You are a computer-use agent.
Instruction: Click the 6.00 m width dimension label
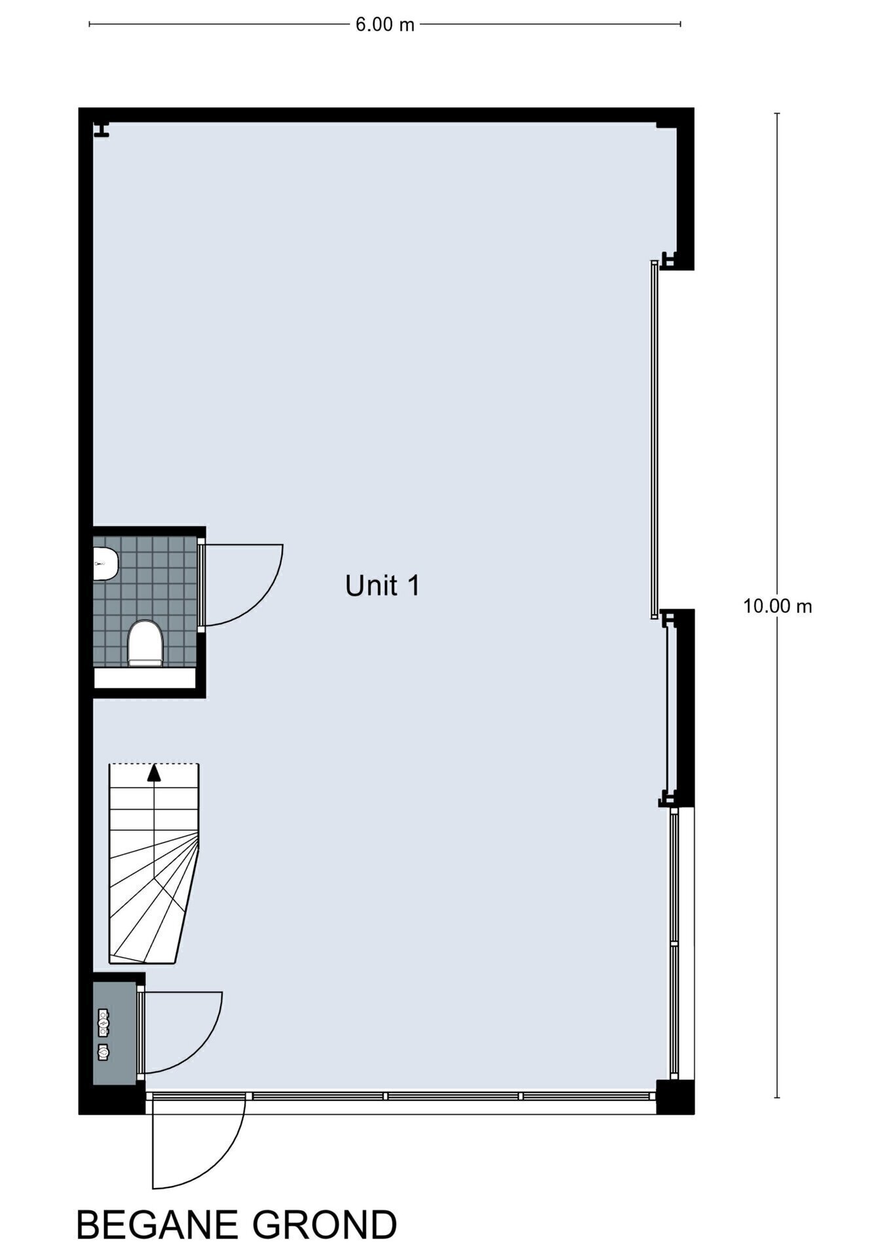pyautogui.click(x=385, y=25)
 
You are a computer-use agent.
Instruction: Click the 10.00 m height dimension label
pyautogui.click(x=777, y=606)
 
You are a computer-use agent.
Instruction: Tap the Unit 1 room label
pyautogui.click(x=382, y=585)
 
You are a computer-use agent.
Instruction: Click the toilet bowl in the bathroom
pyautogui.click(x=145, y=644)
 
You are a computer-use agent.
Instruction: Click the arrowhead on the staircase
pyautogui.click(x=154, y=773)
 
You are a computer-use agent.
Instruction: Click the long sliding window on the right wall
pyautogui.click(x=654, y=440)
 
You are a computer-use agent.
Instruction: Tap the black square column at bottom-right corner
pyautogui.click(x=676, y=1096)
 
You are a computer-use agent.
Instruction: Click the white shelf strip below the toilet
pyautogui.click(x=145, y=678)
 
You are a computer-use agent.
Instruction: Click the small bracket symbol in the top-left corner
pyautogui.click(x=101, y=129)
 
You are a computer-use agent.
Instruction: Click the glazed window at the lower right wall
pyautogui.click(x=675, y=943)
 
